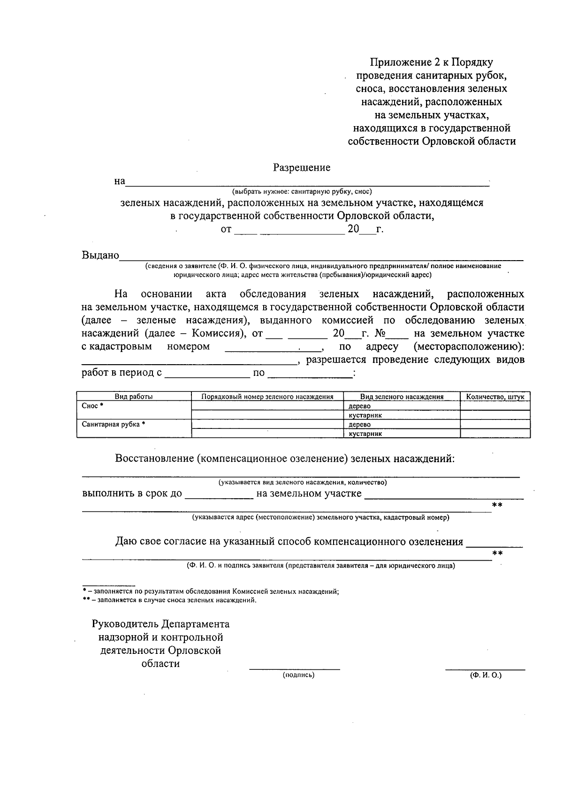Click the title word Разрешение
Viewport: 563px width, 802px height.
point(302,168)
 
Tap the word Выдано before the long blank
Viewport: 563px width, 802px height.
point(100,255)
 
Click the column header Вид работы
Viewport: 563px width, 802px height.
point(134,397)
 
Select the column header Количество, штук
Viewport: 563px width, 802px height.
point(495,397)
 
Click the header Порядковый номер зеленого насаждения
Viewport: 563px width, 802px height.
point(267,397)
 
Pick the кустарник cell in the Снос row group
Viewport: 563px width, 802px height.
point(365,415)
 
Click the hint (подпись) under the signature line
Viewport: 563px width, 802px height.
point(298,675)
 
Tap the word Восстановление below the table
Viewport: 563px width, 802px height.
point(154,458)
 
